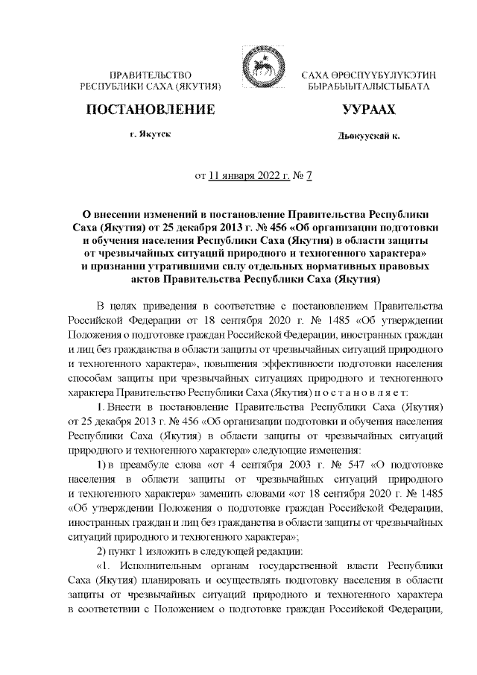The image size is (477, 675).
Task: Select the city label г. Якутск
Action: pyautogui.click(x=150, y=137)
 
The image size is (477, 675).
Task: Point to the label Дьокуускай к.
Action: pyautogui.click(x=368, y=139)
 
